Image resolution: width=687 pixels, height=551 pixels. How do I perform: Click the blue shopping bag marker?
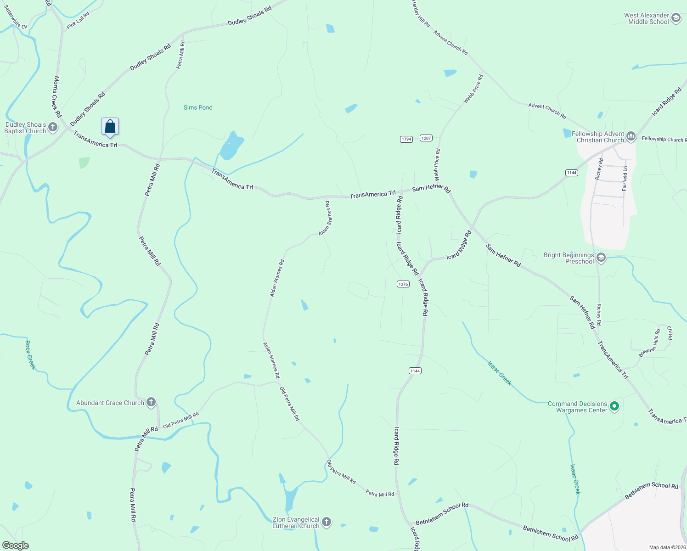(x=110, y=126)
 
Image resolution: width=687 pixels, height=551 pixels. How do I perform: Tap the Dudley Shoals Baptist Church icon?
(x=53, y=127)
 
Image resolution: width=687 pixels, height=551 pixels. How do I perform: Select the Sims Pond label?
(x=198, y=107)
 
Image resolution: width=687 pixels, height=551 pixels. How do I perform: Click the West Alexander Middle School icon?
(x=676, y=18)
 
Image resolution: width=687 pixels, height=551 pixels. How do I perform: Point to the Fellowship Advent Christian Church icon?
(x=631, y=136)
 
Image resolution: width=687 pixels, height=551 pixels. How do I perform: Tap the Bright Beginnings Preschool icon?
(x=601, y=258)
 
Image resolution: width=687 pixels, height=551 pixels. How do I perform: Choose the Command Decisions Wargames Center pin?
(x=615, y=406)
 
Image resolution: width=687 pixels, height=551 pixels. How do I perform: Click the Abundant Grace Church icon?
(x=151, y=403)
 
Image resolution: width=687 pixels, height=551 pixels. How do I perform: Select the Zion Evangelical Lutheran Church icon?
(x=326, y=522)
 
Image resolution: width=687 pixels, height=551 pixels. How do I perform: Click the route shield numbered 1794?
(x=406, y=139)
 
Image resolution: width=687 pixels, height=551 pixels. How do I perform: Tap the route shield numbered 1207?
(x=426, y=138)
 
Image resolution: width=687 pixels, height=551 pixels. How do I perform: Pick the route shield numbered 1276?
(x=403, y=284)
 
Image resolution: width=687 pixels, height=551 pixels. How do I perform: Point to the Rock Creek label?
(x=30, y=354)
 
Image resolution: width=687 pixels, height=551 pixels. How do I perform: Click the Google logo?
(x=15, y=545)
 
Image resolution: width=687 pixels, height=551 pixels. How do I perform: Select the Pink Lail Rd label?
(x=78, y=21)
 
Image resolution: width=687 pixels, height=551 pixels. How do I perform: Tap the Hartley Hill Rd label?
(x=421, y=13)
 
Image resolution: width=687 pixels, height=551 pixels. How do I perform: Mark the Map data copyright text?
(x=667, y=547)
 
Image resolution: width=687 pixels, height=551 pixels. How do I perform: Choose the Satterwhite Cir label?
(x=16, y=17)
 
